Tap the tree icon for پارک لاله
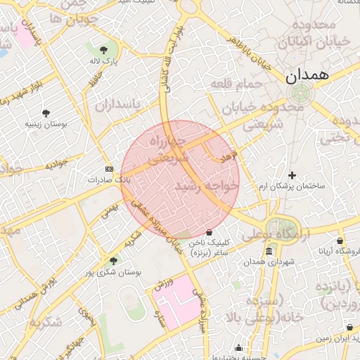(x=104, y=50)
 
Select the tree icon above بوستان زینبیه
(x=46, y=112)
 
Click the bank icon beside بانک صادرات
(x=109, y=169)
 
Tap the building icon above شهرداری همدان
(x=269, y=252)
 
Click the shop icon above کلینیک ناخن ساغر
(x=209, y=231)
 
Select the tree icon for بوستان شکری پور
(x=113, y=260)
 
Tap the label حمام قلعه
(x=236, y=84)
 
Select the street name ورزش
(x=164, y=283)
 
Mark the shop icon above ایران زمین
(x=349, y=328)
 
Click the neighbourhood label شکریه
(x=45, y=322)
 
